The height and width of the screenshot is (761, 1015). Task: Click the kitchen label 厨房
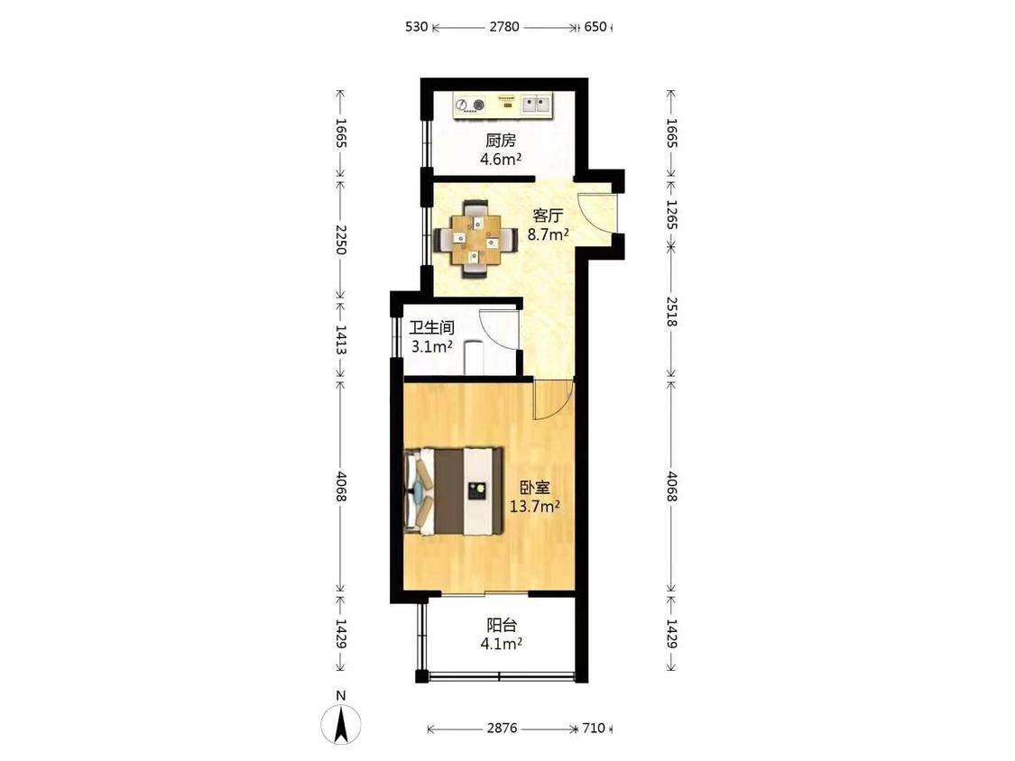pyautogui.click(x=501, y=141)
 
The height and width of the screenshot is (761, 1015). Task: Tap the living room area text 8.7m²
pyautogui.click(x=548, y=234)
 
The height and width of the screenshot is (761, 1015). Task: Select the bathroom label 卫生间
pyautogui.click(x=432, y=327)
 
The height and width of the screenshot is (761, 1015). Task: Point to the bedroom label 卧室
pyautogui.click(x=535, y=487)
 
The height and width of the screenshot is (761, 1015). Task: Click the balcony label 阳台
pyautogui.click(x=502, y=625)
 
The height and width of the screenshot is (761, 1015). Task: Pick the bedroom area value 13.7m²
pyautogui.click(x=535, y=507)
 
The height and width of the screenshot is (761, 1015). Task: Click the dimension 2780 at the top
pyautogui.click(x=504, y=26)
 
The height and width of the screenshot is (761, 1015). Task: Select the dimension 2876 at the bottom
pyautogui.click(x=503, y=728)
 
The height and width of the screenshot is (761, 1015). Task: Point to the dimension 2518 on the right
pyautogui.click(x=671, y=312)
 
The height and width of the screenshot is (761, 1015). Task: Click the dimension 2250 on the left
pyautogui.click(x=341, y=240)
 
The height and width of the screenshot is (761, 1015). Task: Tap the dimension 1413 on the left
pyautogui.click(x=341, y=340)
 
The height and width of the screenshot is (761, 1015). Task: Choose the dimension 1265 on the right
pyautogui.click(x=671, y=215)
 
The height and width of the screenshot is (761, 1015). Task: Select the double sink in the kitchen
pyautogui.click(x=536, y=104)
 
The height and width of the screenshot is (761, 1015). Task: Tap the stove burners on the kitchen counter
pyautogui.click(x=470, y=105)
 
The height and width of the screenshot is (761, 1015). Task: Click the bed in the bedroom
pyautogui.click(x=453, y=491)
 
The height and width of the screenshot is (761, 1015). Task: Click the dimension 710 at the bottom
pyautogui.click(x=594, y=728)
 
